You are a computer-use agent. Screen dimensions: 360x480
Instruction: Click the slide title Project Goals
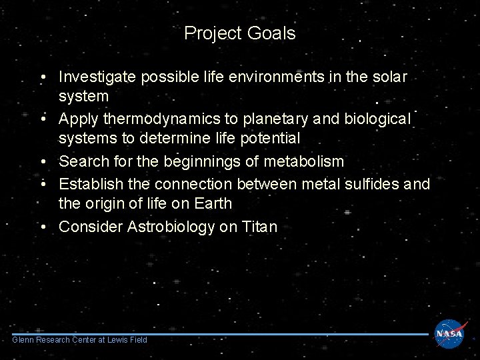click(x=239, y=33)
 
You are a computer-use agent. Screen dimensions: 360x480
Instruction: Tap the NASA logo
click(x=449, y=333)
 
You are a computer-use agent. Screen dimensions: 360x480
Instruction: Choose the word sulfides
click(x=369, y=183)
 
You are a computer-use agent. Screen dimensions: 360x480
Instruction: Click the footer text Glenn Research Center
click(x=79, y=340)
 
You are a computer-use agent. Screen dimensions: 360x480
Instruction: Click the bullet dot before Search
click(x=42, y=161)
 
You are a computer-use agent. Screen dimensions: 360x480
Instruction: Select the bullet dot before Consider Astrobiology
click(x=42, y=227)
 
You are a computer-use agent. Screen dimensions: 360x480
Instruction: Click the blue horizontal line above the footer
click(x=220, y=334)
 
